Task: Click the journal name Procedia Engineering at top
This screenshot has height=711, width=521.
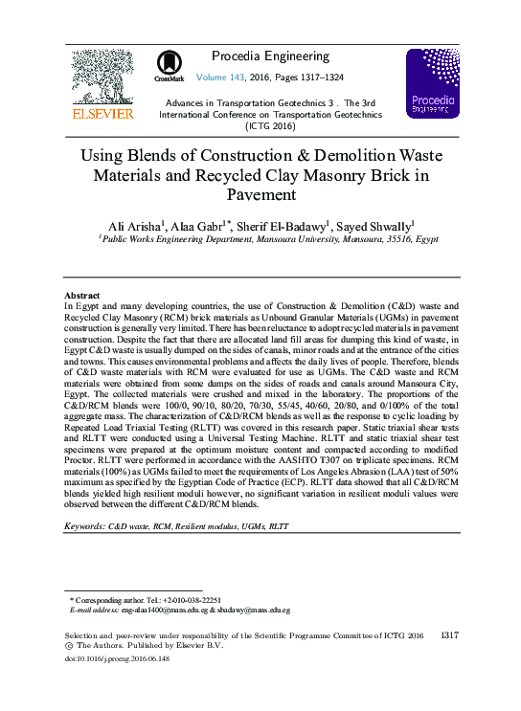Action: (269, 56)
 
